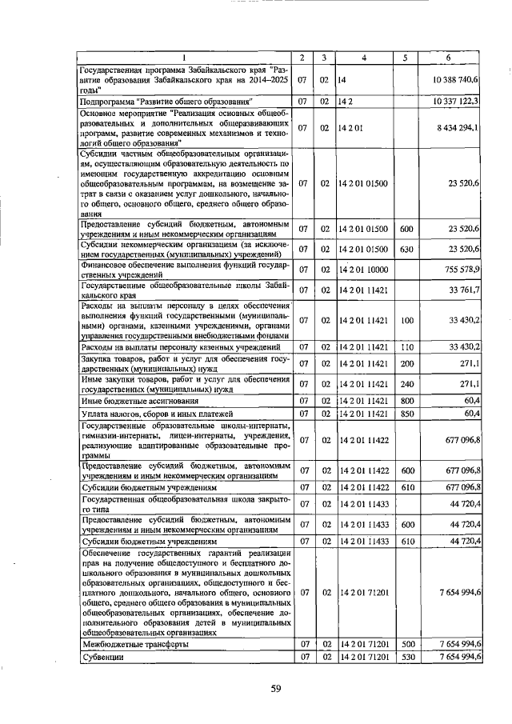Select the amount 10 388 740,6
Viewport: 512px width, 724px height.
point(456,81)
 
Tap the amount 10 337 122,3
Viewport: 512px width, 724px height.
point(456,102)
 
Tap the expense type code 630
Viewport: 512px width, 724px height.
point(406,250)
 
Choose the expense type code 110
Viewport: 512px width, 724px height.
point(406,346)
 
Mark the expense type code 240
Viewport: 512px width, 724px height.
point(406,383)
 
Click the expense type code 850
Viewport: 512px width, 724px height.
point(406,414)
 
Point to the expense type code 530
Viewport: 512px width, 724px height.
point(406,657)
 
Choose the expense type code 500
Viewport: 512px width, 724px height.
point(406,643)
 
